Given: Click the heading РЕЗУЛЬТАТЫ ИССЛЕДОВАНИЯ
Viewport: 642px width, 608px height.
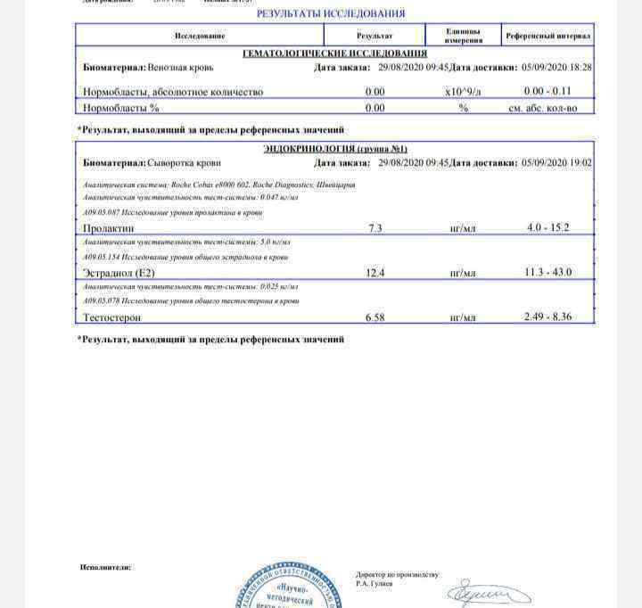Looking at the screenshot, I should point(330,13).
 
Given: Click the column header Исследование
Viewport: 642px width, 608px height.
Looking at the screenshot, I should point(200,36).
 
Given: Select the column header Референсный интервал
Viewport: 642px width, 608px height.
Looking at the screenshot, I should point(547,36).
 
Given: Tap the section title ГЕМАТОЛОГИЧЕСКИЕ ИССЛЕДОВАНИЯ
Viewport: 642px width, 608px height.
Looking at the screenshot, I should point(334,53).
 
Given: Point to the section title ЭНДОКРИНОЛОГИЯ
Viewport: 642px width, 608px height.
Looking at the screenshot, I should point(334,149).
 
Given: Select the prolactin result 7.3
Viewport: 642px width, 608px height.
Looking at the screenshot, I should point(374,228).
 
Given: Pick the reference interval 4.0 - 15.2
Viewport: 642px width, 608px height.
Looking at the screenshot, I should point(547,228).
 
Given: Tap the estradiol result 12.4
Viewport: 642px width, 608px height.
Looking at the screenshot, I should point(374,272).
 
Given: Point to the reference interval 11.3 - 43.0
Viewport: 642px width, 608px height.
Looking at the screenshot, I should point(548,272).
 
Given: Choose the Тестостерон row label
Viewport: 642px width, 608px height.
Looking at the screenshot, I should point(111,316).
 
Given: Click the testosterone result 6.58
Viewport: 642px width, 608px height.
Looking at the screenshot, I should point(374,316).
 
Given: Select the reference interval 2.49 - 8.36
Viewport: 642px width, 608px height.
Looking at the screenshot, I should point(548,316).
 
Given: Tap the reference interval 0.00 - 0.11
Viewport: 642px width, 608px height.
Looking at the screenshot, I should point(547,92).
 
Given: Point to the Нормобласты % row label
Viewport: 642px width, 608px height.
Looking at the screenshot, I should point(120,108).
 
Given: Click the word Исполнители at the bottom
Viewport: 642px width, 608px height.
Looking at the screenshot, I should point(105,566).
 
